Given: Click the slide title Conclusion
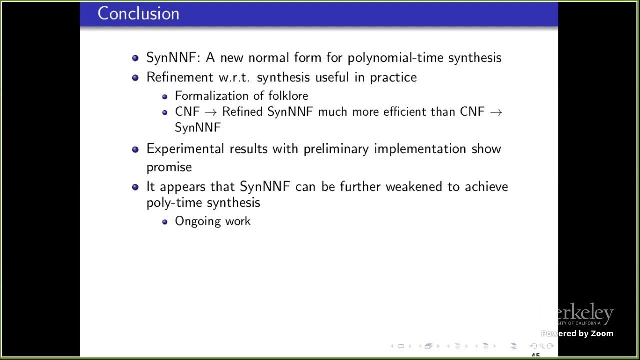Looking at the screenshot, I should point(138,13).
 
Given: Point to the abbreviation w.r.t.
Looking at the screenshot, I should point(235,78).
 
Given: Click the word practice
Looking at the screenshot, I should point(393,77).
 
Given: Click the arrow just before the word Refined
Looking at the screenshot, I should point(211,112).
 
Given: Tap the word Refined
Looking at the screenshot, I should point(242,111).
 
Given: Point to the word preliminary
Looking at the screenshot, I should point(336,149).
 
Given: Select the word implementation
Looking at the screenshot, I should point(420,149).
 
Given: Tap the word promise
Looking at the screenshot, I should point(169,167).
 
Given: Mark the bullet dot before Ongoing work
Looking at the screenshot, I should point(165,222).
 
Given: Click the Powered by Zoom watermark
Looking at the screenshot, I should point(577,333).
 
